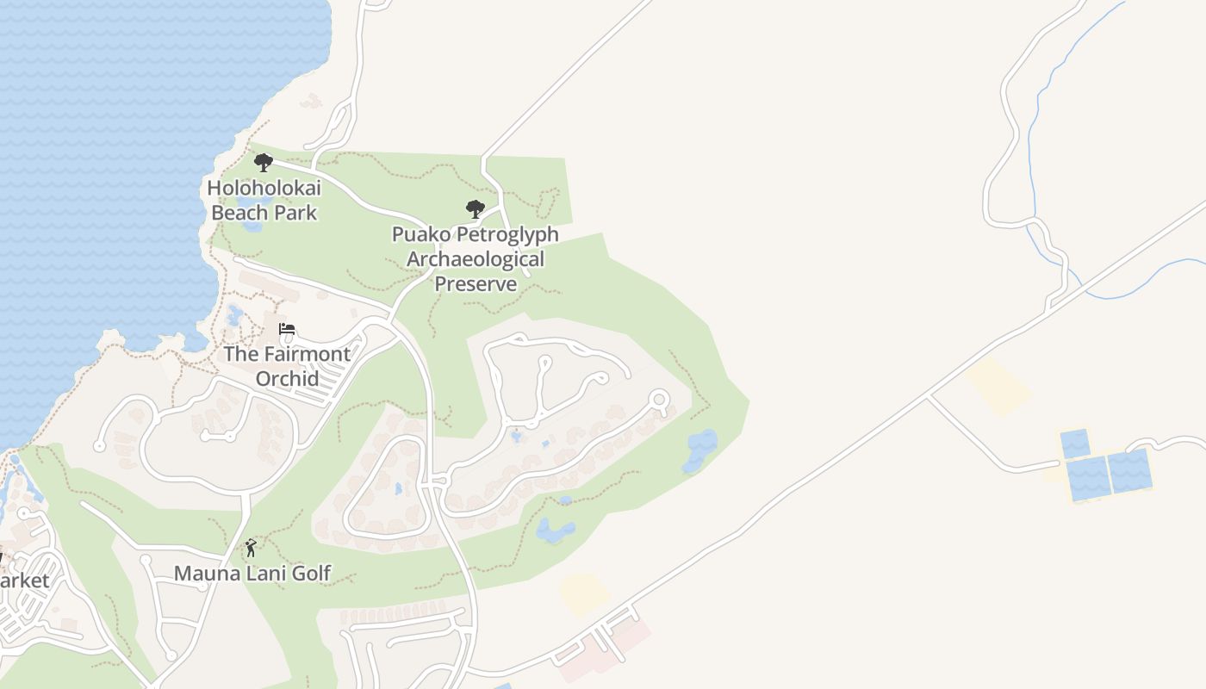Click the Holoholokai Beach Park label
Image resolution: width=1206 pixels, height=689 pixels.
(264, 200)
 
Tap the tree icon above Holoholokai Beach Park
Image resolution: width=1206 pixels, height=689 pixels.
(264, 162)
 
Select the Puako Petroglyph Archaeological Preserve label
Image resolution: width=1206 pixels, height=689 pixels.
(475, 258)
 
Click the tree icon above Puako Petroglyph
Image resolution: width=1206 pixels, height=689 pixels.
(475, 208)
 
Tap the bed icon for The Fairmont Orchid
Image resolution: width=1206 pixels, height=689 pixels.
(287, 329)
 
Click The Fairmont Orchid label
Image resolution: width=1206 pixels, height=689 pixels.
(287, 366)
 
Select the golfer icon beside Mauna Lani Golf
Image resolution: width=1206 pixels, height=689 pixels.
(251, 548)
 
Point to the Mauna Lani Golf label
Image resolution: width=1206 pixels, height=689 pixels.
(252, 574)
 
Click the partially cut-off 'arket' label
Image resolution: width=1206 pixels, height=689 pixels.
(24, 580)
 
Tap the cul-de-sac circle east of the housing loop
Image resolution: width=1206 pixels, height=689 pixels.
(659, 400)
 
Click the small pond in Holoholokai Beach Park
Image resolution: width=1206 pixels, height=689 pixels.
(252, 226)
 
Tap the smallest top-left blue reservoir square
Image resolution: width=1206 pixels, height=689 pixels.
(1074, 444)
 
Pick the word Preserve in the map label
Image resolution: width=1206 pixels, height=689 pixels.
(475, 283)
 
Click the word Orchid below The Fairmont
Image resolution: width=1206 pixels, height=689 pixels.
(287, 378)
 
